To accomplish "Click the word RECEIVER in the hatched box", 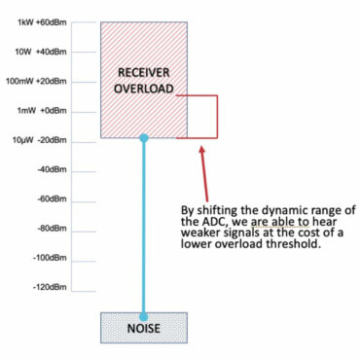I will click(x=144, y=73).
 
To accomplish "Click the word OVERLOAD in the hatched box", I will click(x=144, y=89).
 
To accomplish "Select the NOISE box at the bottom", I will click(x=144, y=328).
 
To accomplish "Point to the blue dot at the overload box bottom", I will click(x=144, y=138).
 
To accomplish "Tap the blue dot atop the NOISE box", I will click(x=144, y=313).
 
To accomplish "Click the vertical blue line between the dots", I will click(x=144, y=224).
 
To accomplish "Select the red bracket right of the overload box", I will click(x=216, y=117).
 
